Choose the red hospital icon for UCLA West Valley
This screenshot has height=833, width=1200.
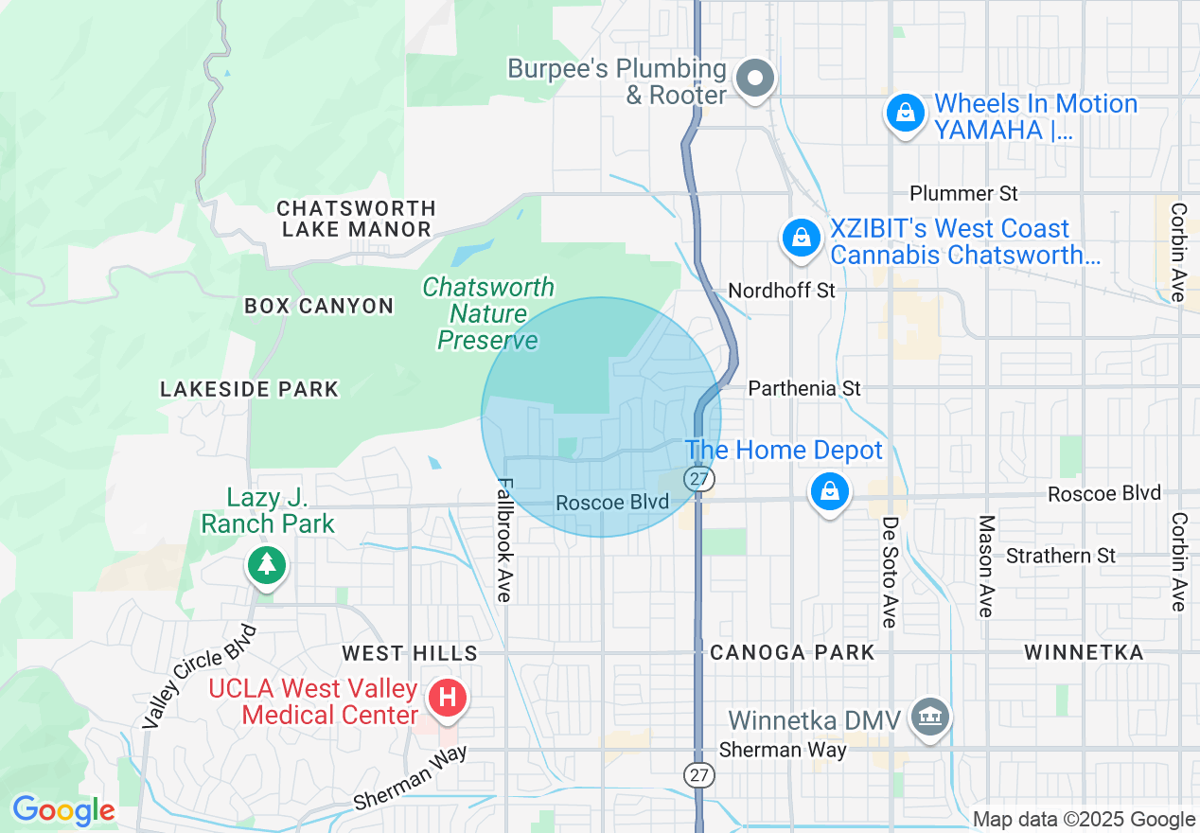(x=447, y=700)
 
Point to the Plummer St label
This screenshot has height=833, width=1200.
(x=963, y=193)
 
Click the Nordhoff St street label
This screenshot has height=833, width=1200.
(x=782, y=291)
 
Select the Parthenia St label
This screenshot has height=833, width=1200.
(x=804, y=389)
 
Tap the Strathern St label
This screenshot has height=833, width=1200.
(x=1061, y=556)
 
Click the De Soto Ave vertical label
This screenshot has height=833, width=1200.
(x=890, y=571)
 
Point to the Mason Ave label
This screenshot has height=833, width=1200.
(x=986, y=566)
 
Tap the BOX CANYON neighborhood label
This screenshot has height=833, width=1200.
(x=318, y=306)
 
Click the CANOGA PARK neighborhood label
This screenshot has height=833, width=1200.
(x=792, y=652)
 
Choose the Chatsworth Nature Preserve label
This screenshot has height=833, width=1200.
(x=488, y=313)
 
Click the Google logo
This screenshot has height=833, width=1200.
(x=63, y=810)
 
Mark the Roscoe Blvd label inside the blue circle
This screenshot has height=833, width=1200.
(x=612, y=503)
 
